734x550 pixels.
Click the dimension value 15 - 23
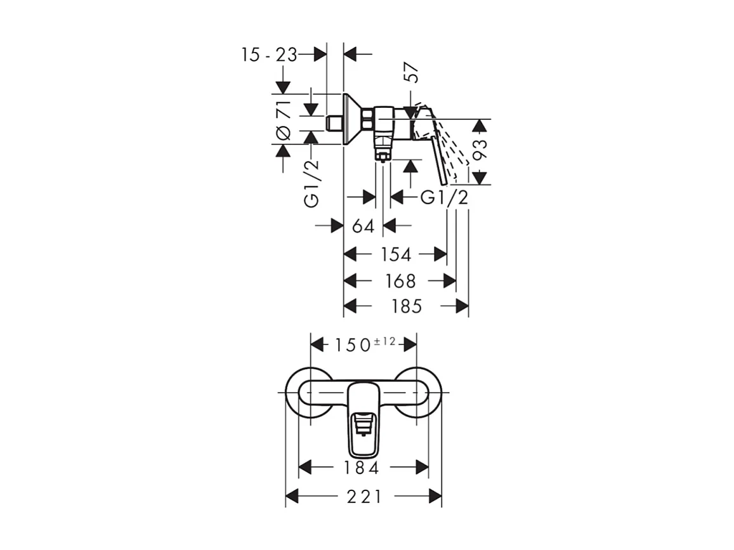[269, 55]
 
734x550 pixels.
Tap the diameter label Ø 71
[284, 120]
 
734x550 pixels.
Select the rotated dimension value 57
[412, 73]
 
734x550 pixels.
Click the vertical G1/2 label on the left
[311, 184]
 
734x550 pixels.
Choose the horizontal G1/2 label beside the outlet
[445, 198]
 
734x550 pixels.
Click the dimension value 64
[364, 226]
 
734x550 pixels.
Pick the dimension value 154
[396, 254]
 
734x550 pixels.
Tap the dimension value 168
[401, 280]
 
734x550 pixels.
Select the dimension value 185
[407, 307]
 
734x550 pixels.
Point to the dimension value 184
[362, 468]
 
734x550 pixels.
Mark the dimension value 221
[364, 497]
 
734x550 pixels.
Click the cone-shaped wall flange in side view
[351, 119]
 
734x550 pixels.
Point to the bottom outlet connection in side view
[383, 152]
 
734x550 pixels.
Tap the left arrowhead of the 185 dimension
[350, 307]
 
